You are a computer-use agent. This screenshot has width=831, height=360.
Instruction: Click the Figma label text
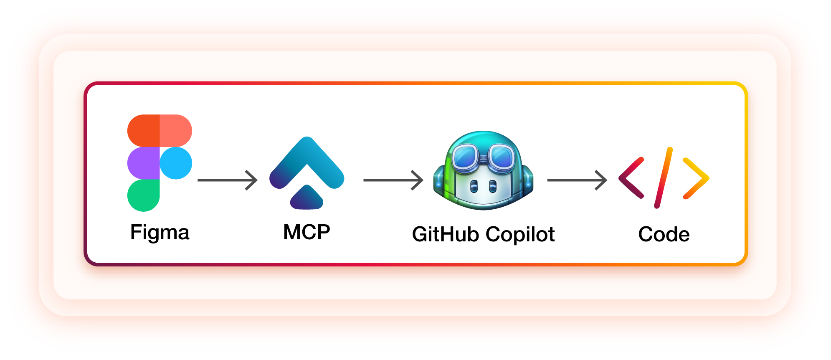coord(160,232)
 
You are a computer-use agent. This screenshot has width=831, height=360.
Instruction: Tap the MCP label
coord(307,232)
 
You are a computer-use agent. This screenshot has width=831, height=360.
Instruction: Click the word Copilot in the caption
coord(520,234)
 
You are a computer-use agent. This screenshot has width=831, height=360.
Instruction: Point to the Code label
coord(664,234)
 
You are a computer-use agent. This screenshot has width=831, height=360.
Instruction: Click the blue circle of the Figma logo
coord(176,163)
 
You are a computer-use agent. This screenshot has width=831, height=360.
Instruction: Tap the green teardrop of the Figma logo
coord(143,195)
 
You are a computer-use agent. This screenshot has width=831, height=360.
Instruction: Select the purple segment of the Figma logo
coord(143,163)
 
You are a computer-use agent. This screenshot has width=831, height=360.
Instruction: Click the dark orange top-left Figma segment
coord(143,130)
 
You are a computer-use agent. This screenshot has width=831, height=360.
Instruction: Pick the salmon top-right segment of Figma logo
coord(176,130)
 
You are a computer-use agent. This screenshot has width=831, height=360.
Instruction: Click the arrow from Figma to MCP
coord(227,180)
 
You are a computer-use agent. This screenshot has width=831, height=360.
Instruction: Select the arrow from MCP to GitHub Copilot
coord(393,180)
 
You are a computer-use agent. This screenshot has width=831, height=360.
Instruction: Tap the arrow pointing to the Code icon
coord(577,180)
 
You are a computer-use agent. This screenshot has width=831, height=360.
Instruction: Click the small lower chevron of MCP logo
coord(307,199)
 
